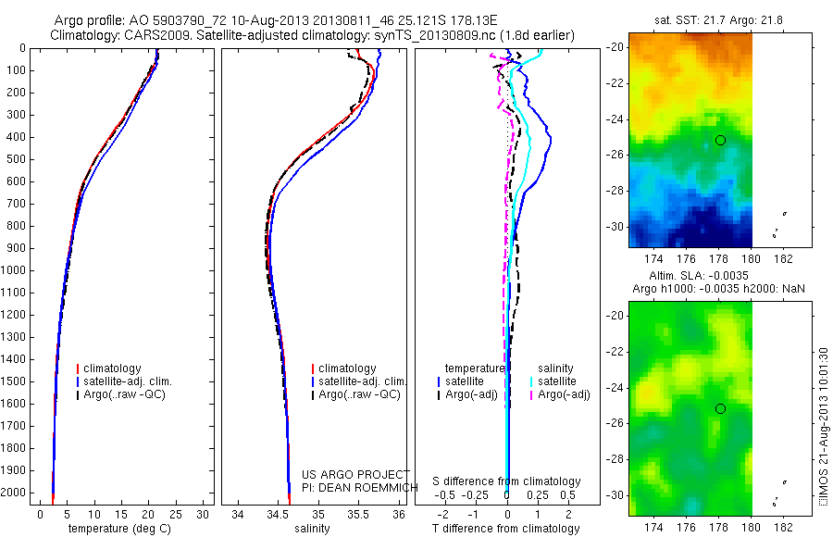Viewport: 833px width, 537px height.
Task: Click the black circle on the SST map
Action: [x=720, y=140]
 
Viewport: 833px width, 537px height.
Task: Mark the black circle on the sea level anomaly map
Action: [x=720, y=408]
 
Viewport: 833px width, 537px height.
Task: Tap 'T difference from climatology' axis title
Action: [x=506, y=529]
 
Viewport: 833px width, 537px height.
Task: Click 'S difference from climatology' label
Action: [x=507, y=481]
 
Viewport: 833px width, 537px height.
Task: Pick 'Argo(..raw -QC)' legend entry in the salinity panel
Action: [x=359, y=394]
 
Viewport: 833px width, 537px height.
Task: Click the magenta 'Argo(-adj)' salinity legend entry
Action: [x=564, y=394]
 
